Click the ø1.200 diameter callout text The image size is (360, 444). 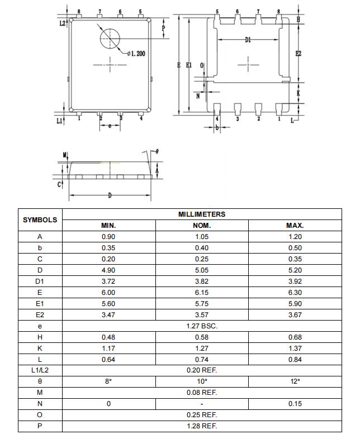pos(136,54)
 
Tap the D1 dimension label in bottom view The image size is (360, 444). pos(248,40)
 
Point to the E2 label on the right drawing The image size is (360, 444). pos(299,54)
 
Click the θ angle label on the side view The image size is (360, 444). pos(157,151)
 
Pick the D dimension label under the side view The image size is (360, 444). pos(110,195)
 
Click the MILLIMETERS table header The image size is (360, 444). pos(202,214)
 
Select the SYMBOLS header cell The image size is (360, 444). pos(40,219)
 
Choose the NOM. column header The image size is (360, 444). pos(202,226)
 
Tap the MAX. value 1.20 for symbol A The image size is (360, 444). pos(295,237)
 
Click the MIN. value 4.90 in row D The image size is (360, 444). pos(108,270)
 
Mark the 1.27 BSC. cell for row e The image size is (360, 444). pos(202,326)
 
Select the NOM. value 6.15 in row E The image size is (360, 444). pos(202,293)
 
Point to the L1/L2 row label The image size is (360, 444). pos(40,370)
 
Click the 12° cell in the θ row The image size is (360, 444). pos(295,381)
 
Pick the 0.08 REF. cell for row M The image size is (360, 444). pos(202,393)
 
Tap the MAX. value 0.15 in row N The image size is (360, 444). pos(295,404)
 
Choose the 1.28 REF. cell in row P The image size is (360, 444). pos(202,426)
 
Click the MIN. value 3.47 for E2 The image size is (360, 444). pos(108,315)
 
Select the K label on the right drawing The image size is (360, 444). pos(299,93)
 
